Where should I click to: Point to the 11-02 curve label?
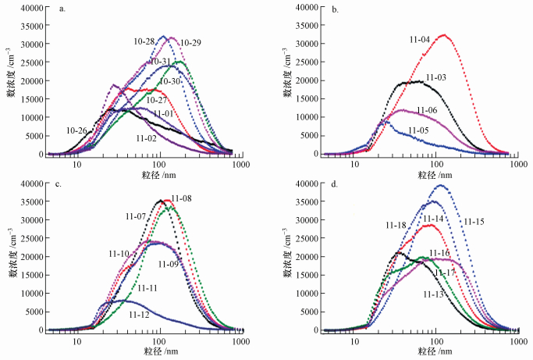147,138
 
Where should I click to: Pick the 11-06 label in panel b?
427,110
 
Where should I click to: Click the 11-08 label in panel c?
181,198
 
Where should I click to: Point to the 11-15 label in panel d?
475,223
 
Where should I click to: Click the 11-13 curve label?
435,294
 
